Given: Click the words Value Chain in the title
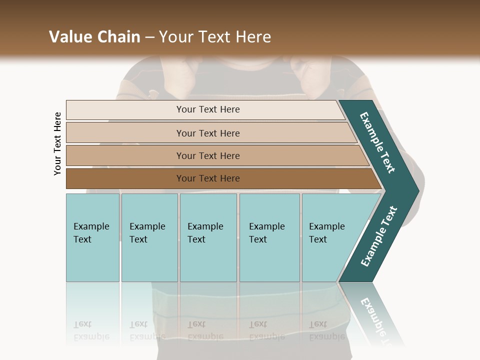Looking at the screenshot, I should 94,37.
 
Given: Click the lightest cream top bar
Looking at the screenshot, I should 208,110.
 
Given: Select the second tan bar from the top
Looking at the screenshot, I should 208,133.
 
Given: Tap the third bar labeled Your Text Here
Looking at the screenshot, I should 208,156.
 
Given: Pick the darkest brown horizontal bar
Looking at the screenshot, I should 208,178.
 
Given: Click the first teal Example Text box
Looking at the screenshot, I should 92,237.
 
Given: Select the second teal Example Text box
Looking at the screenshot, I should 149,237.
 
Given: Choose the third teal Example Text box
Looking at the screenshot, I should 208,237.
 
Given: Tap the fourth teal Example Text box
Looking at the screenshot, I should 269,237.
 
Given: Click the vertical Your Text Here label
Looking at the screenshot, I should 57,143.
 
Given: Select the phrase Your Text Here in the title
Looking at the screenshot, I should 215,37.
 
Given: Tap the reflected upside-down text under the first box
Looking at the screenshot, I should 91,330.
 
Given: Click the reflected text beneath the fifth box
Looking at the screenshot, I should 326,330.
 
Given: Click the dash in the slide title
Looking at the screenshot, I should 149,37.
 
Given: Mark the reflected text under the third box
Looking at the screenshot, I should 205,330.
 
